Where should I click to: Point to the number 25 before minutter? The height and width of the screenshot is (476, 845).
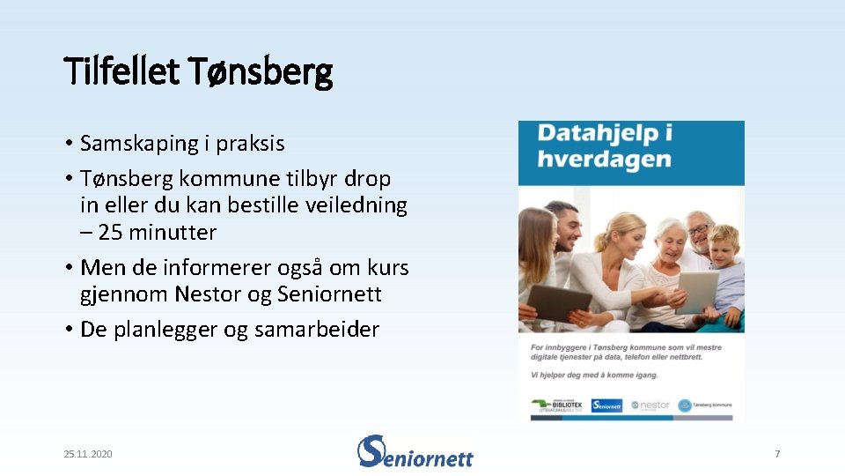tap(111, 233)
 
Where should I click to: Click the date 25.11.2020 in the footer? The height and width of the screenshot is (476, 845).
tap(88, 454)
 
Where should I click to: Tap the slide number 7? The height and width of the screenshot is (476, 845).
tap(777, 454)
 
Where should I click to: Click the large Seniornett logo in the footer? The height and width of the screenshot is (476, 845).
tap(415, 451)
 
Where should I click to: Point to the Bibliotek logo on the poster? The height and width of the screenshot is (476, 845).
tap(558, 405)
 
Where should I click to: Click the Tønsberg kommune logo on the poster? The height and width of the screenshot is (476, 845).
tap(706, 405)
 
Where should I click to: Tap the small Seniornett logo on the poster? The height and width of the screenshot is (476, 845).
tap(606, 405)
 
